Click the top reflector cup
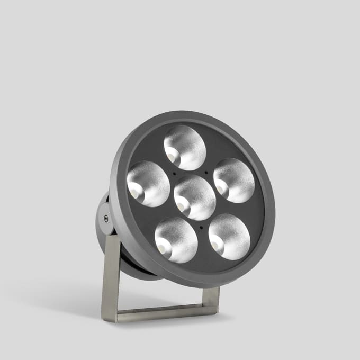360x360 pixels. click(x=185, y=148)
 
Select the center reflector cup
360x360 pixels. click(x=195, y=197)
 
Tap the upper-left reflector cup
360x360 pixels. click(x=148, y=184)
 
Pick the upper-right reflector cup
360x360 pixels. click(x=234, y=180)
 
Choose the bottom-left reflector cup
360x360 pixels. click(x=176, y=240)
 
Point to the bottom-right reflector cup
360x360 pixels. click(x=229, y=237)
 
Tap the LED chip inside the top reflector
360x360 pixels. click(x=172, y=156)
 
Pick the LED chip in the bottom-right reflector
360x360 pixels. click(x=216, y=245)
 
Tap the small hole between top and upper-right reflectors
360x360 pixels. click(x=205, y=172)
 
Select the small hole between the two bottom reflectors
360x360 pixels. click(x=201, y=227)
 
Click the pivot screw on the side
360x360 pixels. click(x=106, y=218)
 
